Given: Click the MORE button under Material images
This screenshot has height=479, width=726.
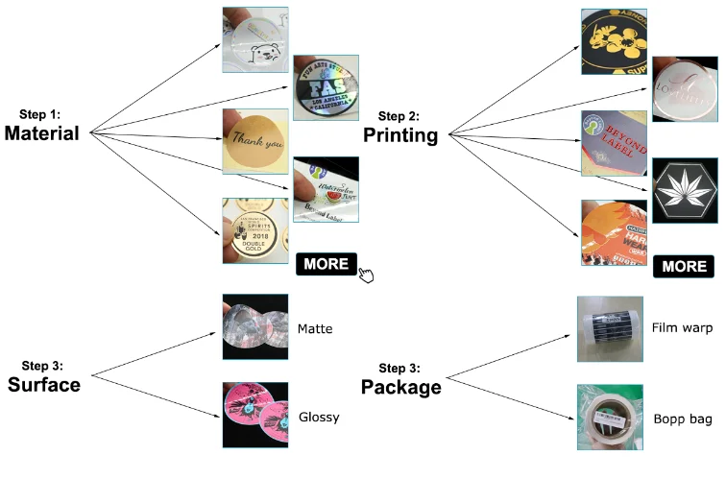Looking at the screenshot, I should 327,264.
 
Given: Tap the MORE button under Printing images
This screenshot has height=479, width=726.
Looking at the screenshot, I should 685,266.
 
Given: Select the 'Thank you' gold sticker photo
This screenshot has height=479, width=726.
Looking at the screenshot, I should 254,141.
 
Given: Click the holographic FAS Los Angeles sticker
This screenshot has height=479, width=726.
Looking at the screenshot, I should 326,87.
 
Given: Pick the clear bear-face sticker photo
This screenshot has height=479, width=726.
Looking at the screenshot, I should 254,40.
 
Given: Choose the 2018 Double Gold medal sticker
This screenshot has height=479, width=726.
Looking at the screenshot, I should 254,230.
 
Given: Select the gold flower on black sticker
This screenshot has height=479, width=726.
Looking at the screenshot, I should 614,40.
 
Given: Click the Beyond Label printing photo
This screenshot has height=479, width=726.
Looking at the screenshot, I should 614,142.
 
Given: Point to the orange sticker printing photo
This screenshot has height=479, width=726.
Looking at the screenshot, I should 614,232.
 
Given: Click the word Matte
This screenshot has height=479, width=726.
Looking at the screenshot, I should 315,328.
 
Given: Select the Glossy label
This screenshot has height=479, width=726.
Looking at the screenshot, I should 319,418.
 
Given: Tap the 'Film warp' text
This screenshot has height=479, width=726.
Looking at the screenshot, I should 682,328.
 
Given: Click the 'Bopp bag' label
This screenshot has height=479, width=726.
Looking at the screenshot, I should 682,417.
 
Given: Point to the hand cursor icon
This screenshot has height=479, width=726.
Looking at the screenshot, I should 366,276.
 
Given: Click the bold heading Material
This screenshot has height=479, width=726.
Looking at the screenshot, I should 41,134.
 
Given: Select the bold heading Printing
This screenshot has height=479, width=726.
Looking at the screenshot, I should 400,136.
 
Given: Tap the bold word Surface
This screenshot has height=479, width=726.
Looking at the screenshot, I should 44,386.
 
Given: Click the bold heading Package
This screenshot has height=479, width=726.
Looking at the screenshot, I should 401,388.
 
